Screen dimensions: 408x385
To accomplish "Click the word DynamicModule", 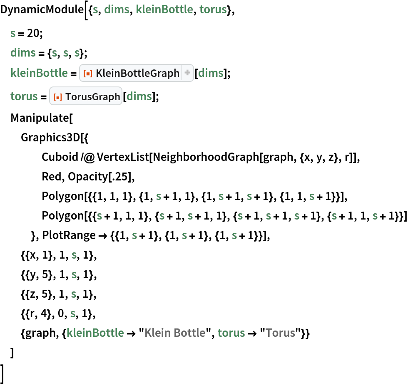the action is [42, 10].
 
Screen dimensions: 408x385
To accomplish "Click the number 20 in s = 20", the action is [33, 33].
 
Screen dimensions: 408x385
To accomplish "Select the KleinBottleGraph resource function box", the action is [137, 73].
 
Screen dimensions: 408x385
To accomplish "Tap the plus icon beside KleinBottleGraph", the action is [187, 73].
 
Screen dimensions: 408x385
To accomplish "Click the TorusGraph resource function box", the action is [86, 96].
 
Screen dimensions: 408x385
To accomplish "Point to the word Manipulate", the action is [40, 118].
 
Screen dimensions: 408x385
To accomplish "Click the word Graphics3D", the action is [50, 138].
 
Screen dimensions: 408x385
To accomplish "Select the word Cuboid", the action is [60, 157].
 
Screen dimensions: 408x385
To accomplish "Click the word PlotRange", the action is [69, 235].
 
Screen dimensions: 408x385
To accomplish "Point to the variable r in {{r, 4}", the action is [32, 314].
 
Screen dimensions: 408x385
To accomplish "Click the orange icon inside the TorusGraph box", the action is [57, 97].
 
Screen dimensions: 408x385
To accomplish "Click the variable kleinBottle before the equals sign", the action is [39, 73].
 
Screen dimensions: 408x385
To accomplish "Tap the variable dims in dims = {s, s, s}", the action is [23, 53].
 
